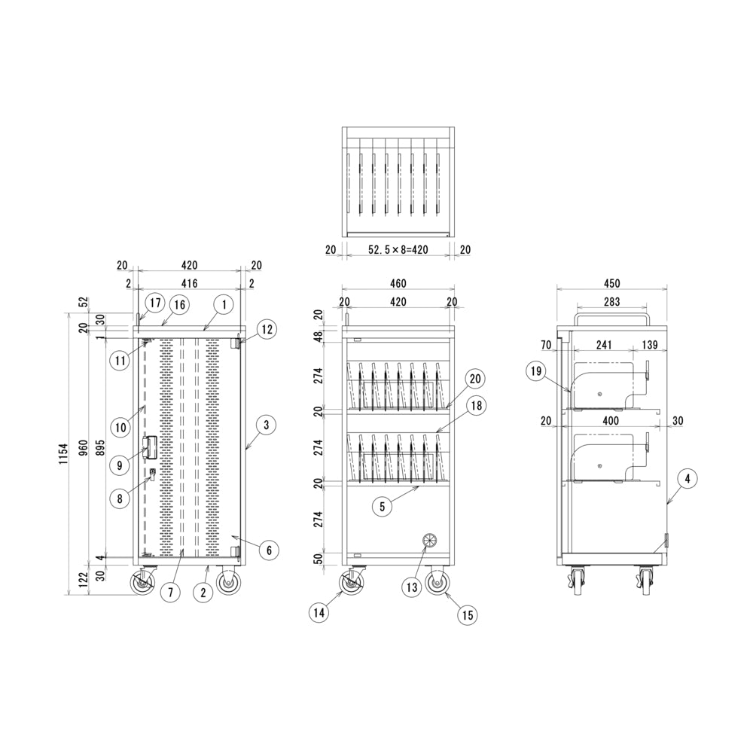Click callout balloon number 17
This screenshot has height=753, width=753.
point(155,303)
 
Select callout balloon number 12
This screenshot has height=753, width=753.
point(267,329)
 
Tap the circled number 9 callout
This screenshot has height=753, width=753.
point(120,465)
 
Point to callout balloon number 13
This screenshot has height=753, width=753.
point(412,587)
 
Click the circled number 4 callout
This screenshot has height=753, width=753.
point(687,478)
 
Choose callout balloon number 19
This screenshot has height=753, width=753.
point(536,370)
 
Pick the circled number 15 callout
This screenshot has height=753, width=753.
point(468,614)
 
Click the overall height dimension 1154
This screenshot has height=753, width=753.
point(64,453)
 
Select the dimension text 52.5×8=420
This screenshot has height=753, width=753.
point(398,250)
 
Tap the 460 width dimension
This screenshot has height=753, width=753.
point(398,283)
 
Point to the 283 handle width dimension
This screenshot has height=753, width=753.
point(611,302)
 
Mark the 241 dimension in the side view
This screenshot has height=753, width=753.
point(604,345)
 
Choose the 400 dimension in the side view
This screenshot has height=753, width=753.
point(611,421)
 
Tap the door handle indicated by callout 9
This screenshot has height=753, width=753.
point(150,447)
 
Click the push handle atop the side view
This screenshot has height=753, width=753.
point(611,319)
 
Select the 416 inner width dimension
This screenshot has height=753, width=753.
point(189,283)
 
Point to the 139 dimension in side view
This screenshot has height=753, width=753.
point(650,345)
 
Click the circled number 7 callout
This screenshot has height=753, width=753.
point(170,592)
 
